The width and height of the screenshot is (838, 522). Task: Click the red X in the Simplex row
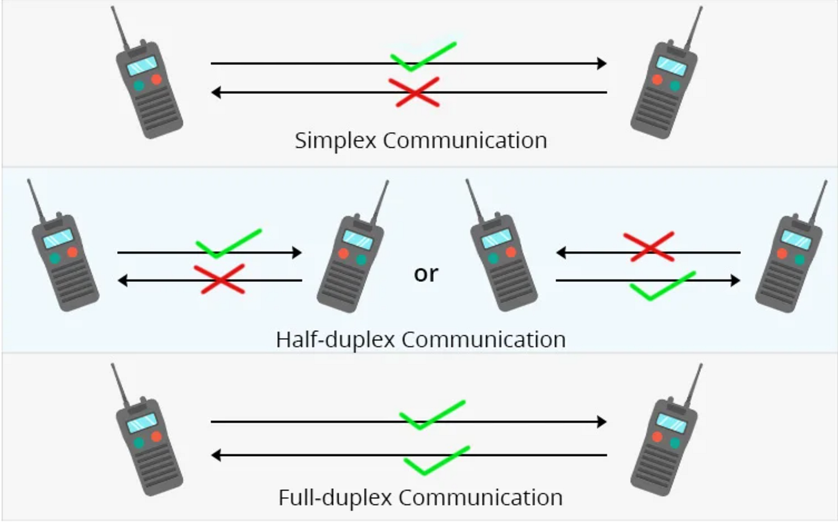pos(414,92)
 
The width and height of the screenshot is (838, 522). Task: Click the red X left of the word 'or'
pos(219,278)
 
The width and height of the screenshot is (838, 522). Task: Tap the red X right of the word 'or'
pos(649,246)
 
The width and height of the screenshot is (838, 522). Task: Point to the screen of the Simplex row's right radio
pos(671,65)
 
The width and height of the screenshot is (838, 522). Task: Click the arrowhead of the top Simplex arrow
pos(602,63)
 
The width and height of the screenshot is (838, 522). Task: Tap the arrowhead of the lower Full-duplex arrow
pos(217,455)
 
